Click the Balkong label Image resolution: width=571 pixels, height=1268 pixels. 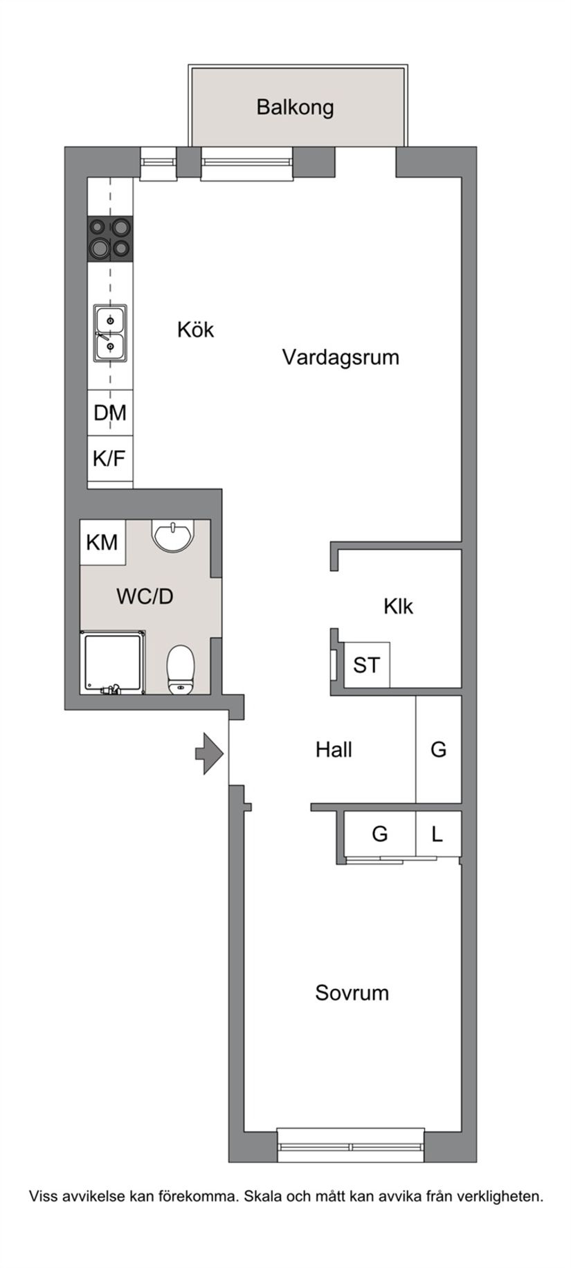(295, 107)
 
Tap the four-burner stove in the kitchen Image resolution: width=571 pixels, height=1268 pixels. (110, 238)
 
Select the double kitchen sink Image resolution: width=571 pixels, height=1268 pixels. (110, 334)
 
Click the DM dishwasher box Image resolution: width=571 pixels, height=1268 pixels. (110, 413)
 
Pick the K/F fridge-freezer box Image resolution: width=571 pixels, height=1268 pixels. (109, 458)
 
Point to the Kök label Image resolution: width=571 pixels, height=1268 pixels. (195, 330)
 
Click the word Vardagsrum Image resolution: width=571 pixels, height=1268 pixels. (341, 357)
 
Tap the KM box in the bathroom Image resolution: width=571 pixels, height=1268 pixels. (102, 542)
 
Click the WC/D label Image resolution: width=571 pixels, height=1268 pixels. (145, 596)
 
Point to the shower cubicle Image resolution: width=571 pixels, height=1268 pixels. (113, 663)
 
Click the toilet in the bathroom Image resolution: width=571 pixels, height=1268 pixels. (181, 669)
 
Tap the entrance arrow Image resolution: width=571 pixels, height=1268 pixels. (208, 753)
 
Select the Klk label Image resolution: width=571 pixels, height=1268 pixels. (398, 607)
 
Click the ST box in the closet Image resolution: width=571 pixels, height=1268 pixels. (366, 666)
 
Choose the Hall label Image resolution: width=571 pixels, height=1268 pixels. (334, 749)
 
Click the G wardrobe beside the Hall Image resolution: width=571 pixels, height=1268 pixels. (438, 749)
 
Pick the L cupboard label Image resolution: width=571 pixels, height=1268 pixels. (437, 834)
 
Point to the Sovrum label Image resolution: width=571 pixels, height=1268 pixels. (352, 993)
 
